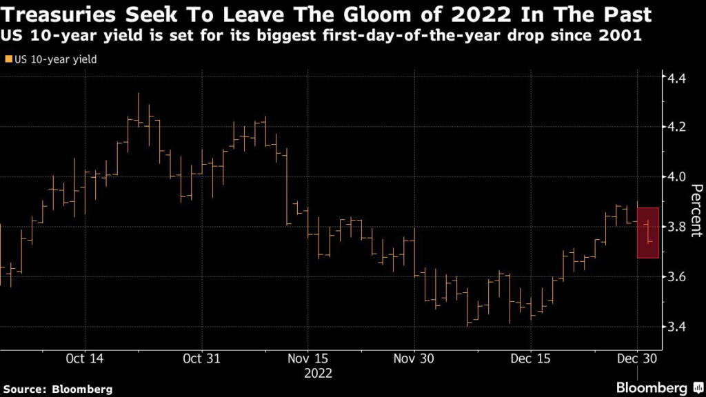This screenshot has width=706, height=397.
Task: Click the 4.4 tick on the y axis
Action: point(675,77)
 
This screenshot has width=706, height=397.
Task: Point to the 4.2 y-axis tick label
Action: point(675,127)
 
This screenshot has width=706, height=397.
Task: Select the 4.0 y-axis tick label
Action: point(675,177)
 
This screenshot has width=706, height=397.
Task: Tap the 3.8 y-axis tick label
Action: point(675,227)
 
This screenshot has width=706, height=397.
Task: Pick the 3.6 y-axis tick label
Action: point(675,277)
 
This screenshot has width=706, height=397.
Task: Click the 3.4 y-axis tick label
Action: point(675,327)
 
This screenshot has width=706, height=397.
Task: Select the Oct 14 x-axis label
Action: point(85,358)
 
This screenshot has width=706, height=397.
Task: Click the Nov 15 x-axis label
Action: point(307,358)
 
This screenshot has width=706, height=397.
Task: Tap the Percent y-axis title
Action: point(696,210)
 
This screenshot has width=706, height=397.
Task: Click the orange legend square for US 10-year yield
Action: point(8,60)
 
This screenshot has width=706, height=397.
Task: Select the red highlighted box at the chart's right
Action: point(648,233)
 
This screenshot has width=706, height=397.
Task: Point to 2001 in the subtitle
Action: point(621,37)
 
